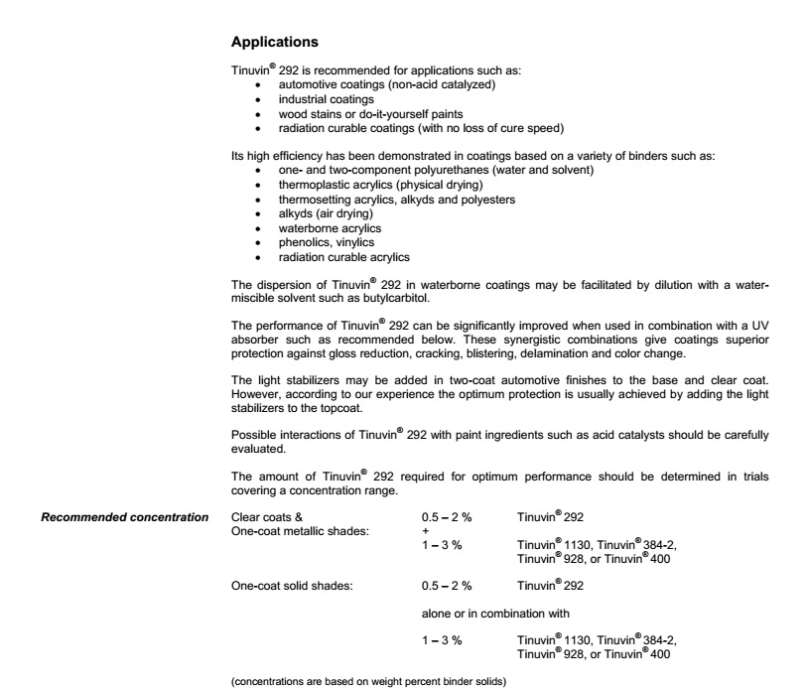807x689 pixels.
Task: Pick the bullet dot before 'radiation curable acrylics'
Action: click(258, 256)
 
